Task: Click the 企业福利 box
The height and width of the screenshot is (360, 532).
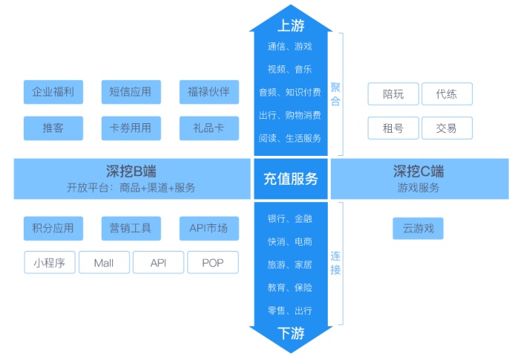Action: (x=53, y=92)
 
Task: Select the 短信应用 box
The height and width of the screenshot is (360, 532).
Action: (x=130, y=92)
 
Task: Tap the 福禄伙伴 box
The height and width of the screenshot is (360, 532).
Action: (x=208, y=92)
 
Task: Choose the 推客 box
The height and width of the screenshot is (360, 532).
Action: (x=53, y=128)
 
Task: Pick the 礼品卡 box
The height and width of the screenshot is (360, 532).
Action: (x=208, y=128)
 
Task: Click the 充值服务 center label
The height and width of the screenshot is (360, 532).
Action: (x=290, y=178)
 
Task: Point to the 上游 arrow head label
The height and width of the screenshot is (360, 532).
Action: (x=290, y=26)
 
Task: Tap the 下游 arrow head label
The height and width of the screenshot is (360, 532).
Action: (x=290, y=333)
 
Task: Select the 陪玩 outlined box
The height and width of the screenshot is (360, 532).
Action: (x=393, y=94)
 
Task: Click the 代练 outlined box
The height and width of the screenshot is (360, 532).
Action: (x=447, y=94)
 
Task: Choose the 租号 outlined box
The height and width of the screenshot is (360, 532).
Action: (x=393, y=128)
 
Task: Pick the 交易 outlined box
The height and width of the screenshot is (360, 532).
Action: (x=447, y=128)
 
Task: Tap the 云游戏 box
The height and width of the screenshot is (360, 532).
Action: (x=418, y=229)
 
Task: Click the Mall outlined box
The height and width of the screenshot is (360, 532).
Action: (x=104, y=263)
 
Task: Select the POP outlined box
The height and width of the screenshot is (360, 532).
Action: (x=213, y=263)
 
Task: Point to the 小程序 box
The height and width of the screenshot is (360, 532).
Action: (x=50, y=263)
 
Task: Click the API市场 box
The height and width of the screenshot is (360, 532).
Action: (x=208, y=228)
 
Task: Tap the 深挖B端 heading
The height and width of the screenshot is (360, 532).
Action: (x=131, y=171)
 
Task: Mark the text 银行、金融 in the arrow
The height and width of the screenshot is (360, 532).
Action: (x=290, y=219)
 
